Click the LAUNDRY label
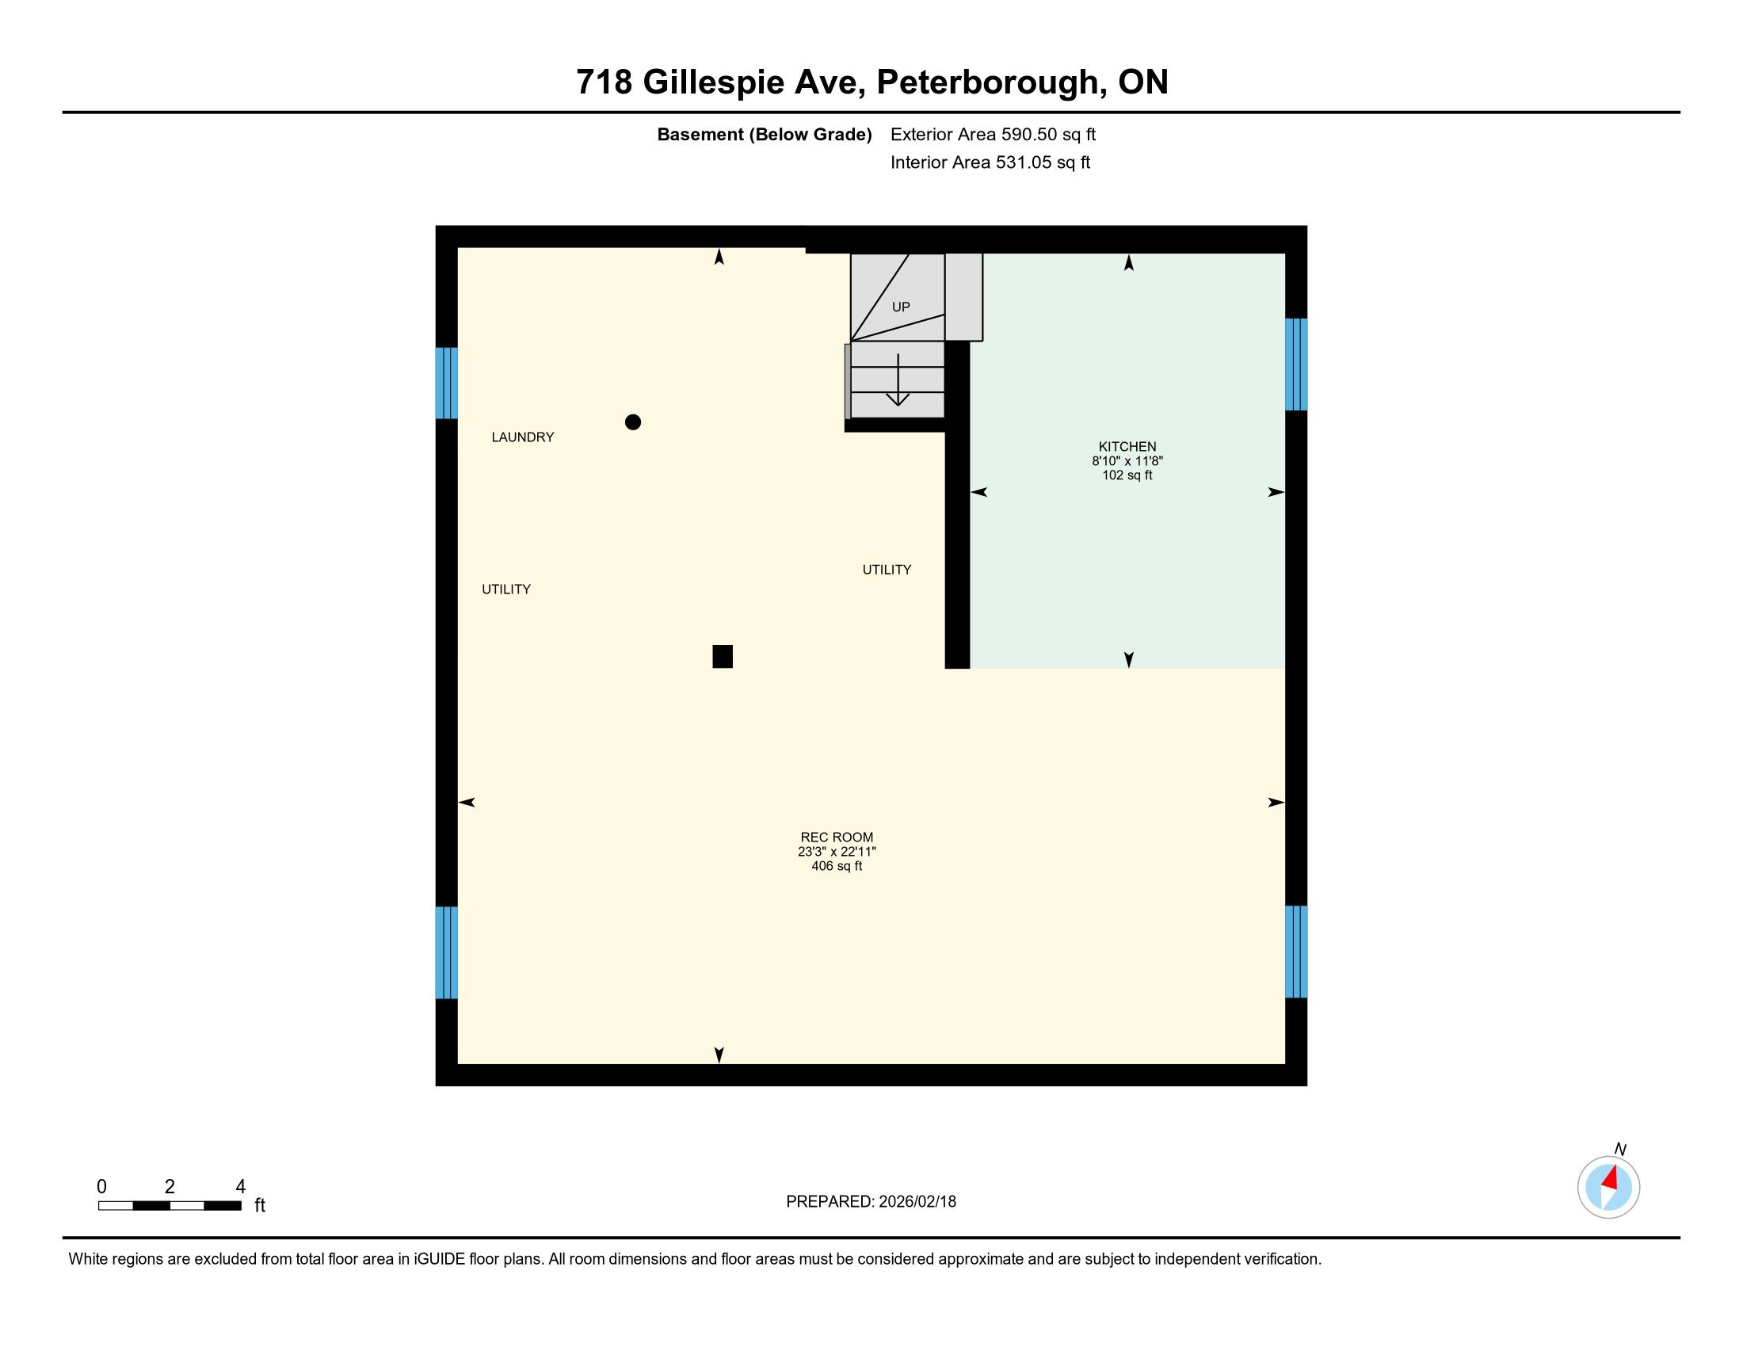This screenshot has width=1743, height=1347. click(523, 437)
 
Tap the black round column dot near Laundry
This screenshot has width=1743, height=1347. click(633, 422)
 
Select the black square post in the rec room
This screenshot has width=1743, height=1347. click(723, 656)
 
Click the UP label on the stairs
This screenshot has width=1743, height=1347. click(901, 307)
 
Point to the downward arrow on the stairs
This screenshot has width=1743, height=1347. click(898, 380)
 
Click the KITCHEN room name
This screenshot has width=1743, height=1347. click(1127, 447)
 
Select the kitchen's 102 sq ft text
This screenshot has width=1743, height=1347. click(1127, 475)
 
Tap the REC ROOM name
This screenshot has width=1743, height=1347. click(837, 837)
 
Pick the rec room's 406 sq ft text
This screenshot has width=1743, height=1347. click(837, 866)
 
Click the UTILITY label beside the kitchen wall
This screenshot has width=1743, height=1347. click(887, 570)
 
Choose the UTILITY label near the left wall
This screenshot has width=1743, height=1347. click(506, 590)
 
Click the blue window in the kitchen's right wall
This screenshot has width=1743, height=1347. click(1296, 364)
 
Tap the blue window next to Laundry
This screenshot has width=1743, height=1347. click(446, 383)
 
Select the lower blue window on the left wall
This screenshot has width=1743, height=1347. click(446, 952)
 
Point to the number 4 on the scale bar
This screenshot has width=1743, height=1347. click(240, 1187)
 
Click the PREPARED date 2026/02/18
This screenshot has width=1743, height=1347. click(916, 1202)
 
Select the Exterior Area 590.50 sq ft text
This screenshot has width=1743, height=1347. click(993, 135)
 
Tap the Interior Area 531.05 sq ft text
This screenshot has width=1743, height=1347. click(990, 162)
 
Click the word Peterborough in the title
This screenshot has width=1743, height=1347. click(992, 83)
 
